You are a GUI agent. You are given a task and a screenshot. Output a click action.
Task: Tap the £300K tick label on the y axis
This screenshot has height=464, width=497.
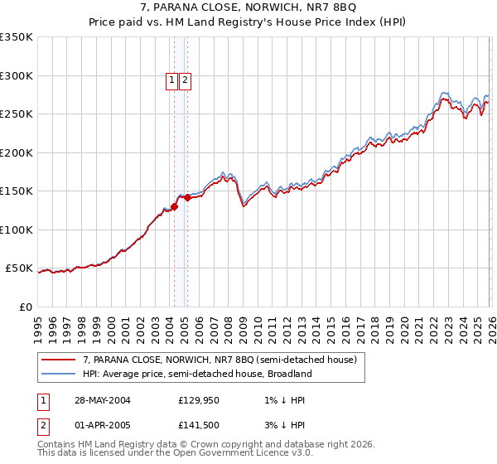click(x=17, y=75)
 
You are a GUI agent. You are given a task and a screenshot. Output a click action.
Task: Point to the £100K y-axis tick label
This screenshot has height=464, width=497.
click(x=17, y=230)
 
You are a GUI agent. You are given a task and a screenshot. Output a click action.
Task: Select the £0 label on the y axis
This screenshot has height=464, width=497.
click(x=27, y=307)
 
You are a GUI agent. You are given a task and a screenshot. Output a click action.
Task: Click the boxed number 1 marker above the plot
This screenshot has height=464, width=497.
click(x=171, y=80)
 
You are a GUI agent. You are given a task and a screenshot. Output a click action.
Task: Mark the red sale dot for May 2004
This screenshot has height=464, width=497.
click(x=175, y=206)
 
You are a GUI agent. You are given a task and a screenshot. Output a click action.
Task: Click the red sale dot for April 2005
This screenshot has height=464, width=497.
click(x=187, y=197)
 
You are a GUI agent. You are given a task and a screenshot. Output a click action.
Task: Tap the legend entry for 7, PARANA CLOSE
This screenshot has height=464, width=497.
click(x=220, y=360)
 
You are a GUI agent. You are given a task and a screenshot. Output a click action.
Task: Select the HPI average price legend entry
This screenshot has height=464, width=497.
click(x=197, y=374)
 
